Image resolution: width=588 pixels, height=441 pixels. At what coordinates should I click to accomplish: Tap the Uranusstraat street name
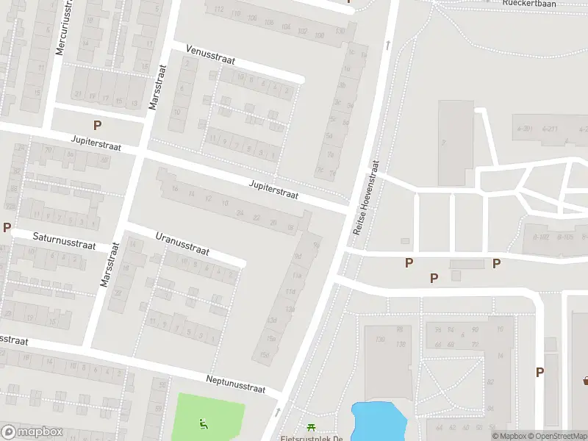point(182,245)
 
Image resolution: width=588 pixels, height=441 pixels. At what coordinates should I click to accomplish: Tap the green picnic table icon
point(311,427)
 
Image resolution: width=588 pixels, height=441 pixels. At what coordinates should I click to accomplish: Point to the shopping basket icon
point(586,380)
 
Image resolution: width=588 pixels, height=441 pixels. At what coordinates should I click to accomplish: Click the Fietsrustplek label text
point(312,438)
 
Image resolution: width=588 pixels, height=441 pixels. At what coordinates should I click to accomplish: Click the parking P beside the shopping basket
point(539,373)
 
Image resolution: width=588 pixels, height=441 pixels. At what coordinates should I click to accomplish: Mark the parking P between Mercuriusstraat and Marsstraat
point(97,126)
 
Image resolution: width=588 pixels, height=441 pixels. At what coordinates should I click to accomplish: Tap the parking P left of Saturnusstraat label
point(7,228)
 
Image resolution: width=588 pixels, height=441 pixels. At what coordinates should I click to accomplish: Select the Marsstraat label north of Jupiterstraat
point(157,87)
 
